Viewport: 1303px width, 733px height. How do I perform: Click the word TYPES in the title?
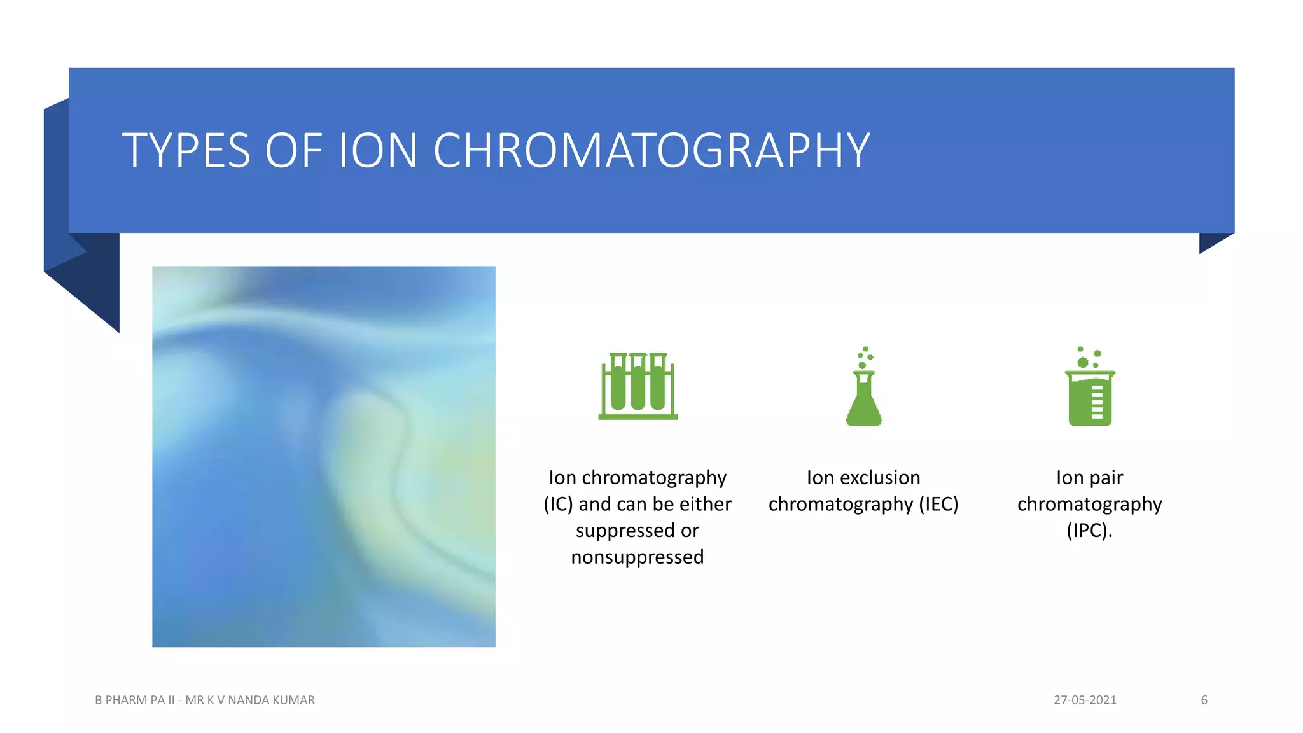point(186,151)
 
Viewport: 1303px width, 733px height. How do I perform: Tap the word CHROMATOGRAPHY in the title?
point(651,151)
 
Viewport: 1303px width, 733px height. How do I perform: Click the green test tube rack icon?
point(638,386)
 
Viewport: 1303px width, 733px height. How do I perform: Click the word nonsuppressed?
point(637,557)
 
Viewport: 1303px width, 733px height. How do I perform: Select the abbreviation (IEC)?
point(938,505)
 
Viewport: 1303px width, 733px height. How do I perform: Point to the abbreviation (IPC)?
point(1089,531)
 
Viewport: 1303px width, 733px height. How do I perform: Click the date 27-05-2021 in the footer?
point(1085,700)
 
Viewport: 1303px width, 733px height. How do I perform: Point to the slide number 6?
point(1204,700)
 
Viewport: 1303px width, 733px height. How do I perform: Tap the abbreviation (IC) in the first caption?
point(558,505)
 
